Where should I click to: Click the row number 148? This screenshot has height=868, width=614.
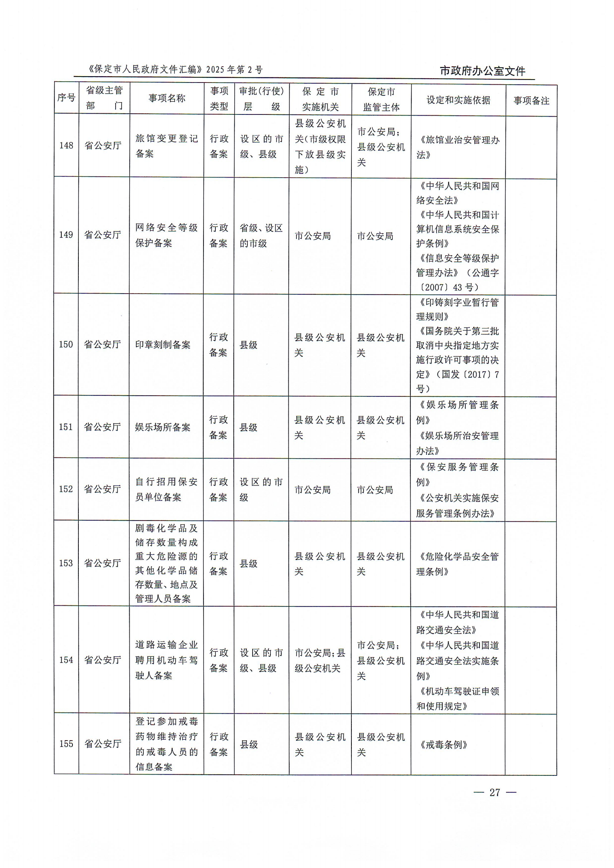(66, 146)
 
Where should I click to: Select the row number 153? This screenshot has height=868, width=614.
(66, 563)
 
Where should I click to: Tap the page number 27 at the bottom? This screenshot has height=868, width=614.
(494, 792)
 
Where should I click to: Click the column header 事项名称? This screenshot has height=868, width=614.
(167, 98)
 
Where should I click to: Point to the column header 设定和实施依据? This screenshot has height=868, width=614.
(458, 100)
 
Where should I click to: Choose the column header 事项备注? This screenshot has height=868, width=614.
(531, 101)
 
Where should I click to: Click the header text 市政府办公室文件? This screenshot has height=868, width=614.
(483, 71)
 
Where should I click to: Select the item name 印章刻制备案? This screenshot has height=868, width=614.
(163, 344)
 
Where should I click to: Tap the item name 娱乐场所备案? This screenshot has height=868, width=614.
(163, 427)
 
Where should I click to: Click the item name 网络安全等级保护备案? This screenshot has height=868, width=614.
(166, 235)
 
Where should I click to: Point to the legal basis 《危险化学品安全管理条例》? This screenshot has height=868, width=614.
(458, 564)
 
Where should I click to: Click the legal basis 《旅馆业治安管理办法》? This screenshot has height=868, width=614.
(458, 147)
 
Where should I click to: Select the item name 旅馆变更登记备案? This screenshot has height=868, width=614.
(166, 146)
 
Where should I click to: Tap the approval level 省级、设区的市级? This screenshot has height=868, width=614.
(261, 235)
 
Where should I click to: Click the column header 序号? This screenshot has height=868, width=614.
(66, 98)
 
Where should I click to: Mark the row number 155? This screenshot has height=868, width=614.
(66, 744)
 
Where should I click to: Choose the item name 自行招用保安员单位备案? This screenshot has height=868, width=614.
(166, 489)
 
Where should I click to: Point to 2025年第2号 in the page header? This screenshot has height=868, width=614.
(234, 69)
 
